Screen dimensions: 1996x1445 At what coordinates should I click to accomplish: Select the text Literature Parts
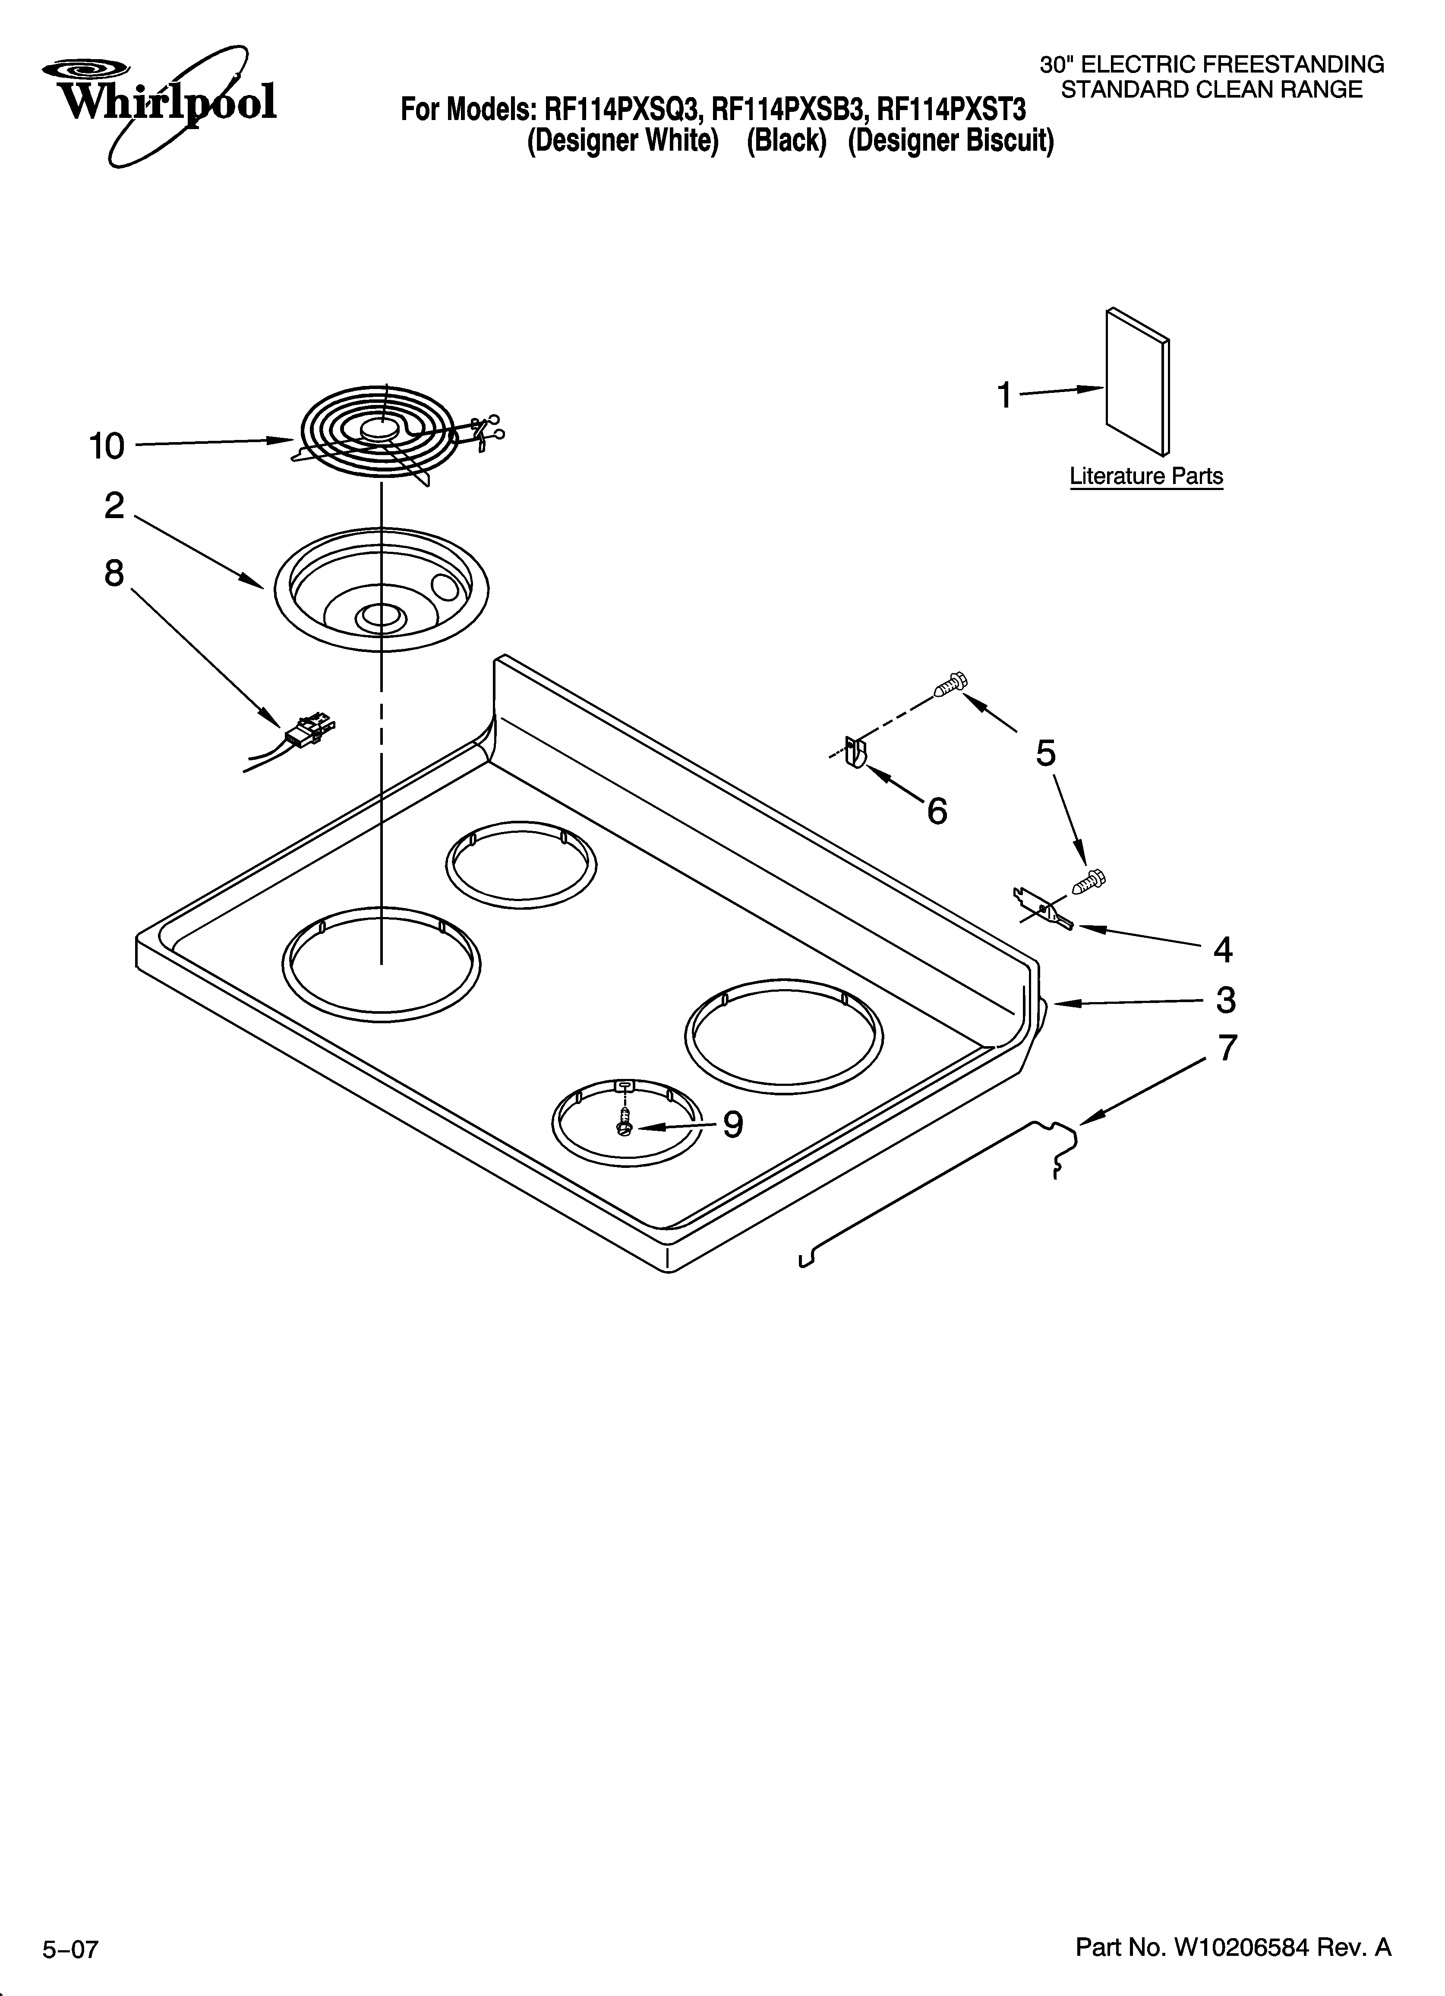click(x=1146, y=476)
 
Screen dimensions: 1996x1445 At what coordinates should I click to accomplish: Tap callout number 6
click(x=937, y=810)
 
